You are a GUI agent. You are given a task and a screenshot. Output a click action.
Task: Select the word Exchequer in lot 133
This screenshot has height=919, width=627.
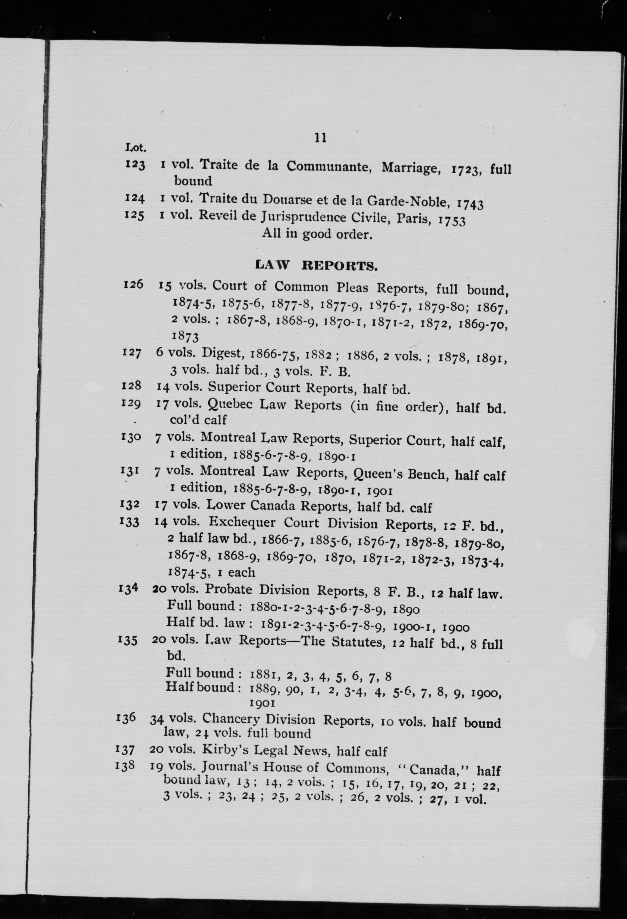point(242,522)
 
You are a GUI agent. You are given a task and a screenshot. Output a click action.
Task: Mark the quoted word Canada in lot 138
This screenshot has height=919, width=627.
point(435,769)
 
